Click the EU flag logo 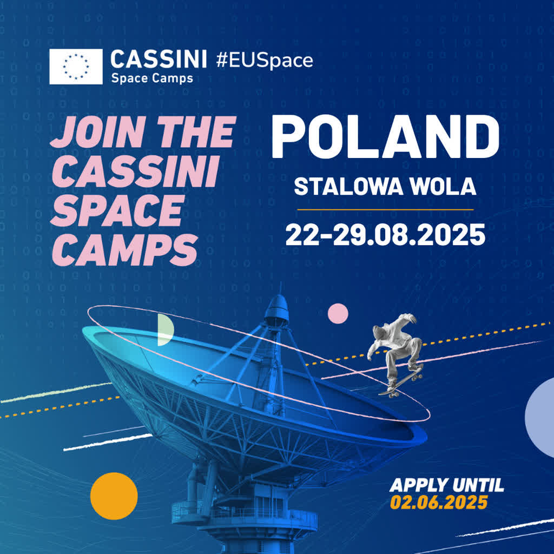[x=76, y=67]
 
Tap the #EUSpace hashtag [x=264, y=60]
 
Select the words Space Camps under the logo [x=151, y=78]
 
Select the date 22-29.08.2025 [x=385, y=234]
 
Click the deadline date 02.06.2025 [x=439, y=502]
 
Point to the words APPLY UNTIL [x=446, y=485]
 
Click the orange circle [x=114, y=496]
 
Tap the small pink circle [x=338, y=313]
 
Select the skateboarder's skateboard [x=401, y=382]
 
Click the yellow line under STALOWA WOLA [x=385, y=209]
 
